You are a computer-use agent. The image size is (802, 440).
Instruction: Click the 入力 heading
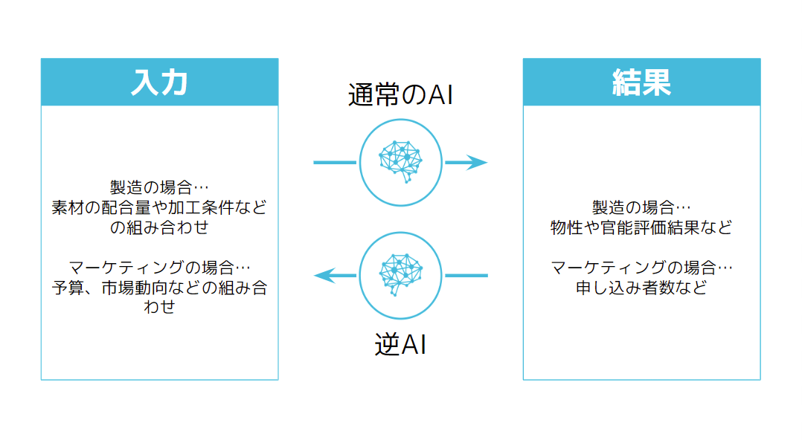coord(158,82)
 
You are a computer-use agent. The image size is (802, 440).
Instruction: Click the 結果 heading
coord(641,82)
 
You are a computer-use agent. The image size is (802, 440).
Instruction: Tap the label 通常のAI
coord(400,95)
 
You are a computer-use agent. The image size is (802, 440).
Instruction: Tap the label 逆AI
coord(400,345)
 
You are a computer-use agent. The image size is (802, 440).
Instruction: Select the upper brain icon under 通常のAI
coord(400,162)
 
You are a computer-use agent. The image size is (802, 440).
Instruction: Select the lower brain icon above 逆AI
coord(400,275)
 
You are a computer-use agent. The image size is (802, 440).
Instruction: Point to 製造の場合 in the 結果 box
coord(637,207)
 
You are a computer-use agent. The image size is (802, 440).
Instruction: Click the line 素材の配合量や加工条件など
coord(159,207)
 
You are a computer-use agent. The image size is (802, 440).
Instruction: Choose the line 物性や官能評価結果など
coord(641,227)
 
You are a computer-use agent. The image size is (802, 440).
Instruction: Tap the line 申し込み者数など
coord(641,288)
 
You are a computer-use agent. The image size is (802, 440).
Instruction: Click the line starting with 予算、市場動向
coord(159,288)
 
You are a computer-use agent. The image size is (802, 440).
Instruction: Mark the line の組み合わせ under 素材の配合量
coord(159,227)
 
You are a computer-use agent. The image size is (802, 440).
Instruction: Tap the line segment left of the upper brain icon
coord(335,162)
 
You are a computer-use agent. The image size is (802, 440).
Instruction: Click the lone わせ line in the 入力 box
coord(159,306)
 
